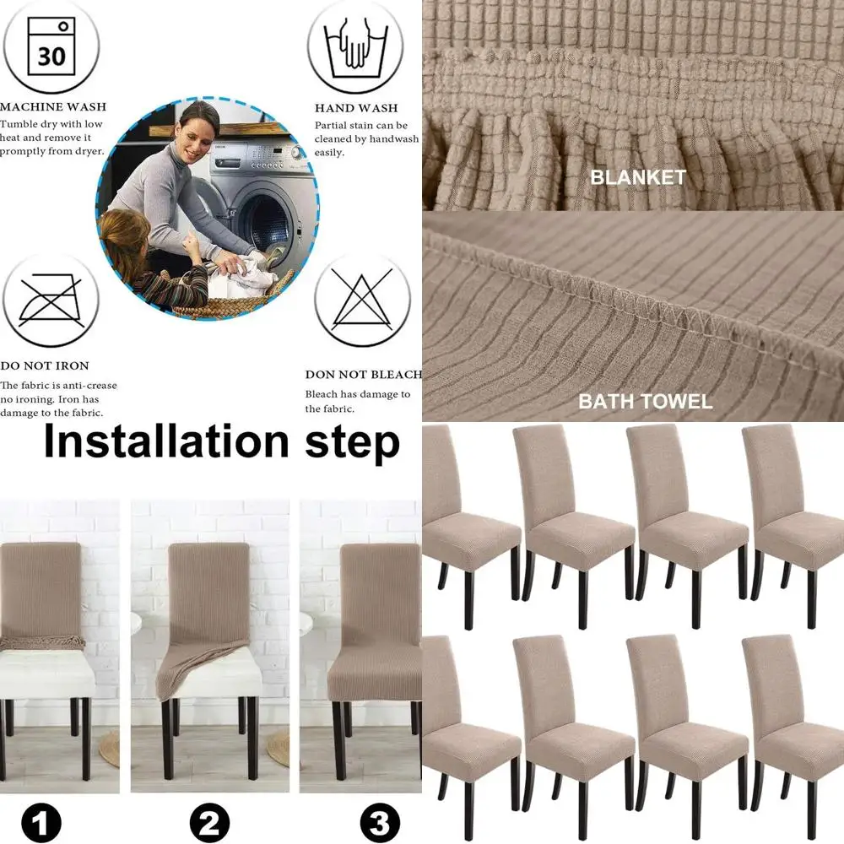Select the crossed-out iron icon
coord(51,300)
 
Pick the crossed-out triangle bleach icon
coord(362,300)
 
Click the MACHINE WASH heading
coord(53,107)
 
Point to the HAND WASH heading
coord(356,108)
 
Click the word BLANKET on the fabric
coord(638,178)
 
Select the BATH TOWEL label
coord(645,401)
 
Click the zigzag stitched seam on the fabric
coord(667,316)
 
